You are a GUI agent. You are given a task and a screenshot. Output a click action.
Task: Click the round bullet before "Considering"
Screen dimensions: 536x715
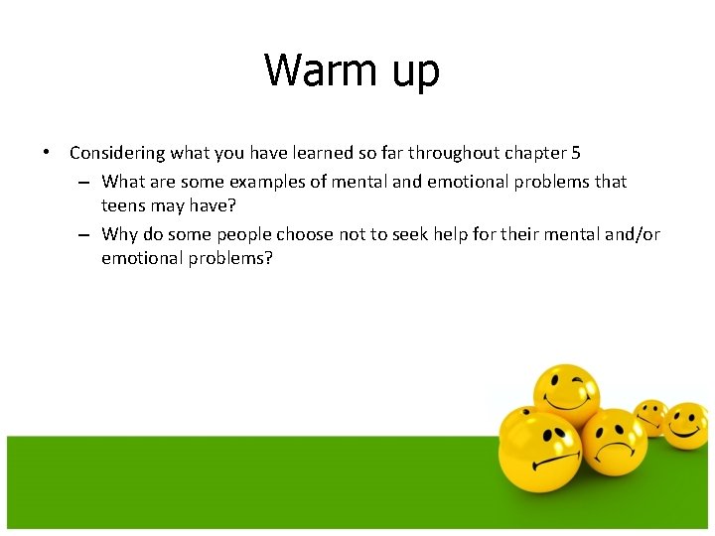(47, 153)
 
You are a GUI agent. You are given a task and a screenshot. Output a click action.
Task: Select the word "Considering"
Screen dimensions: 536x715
(117, 154)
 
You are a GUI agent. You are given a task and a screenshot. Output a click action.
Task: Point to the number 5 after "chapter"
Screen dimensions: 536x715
(575, 153)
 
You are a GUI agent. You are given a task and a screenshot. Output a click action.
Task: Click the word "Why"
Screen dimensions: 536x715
(119, 234)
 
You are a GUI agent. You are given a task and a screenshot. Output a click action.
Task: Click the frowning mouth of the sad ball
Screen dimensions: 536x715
(615, 450)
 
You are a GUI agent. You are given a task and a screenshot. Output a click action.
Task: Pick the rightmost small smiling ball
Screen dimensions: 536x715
(686, 424)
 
